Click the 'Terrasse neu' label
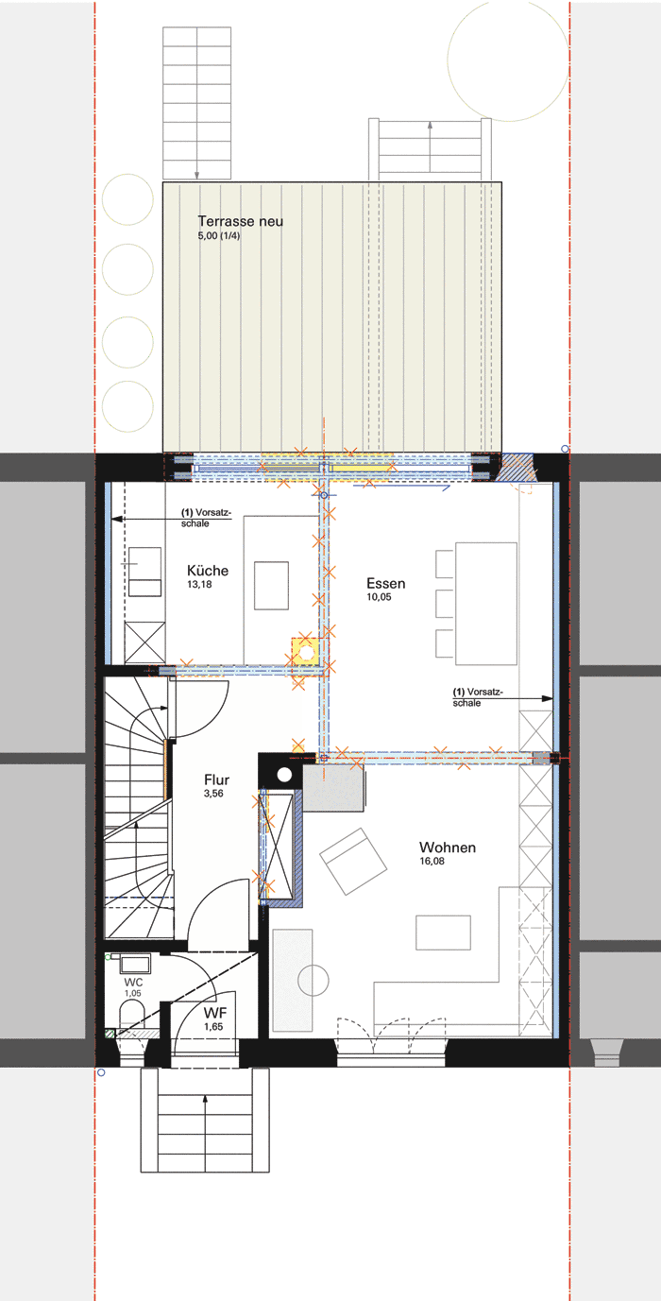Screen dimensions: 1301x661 (x=240, y=221)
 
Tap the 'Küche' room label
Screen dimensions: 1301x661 (x=208, y=571)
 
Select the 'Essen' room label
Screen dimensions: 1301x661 (x=386, y=583)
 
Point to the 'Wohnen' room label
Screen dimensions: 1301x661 (x=448, y=847)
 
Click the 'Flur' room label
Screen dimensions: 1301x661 (x=217, y=779)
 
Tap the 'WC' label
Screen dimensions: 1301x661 (x=133, y=982)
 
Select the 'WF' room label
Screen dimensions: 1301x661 (x=215, y=1012)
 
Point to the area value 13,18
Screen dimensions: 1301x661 (x=199, y=585)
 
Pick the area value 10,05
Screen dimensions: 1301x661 (x=380, y=597)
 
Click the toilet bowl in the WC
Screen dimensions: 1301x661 (x=132, y=1015)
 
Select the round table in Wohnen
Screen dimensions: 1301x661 (x=314, y=980)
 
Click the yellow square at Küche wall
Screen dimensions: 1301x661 (x=306, y=652)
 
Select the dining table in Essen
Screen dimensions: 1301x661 (x=486, y=603)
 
